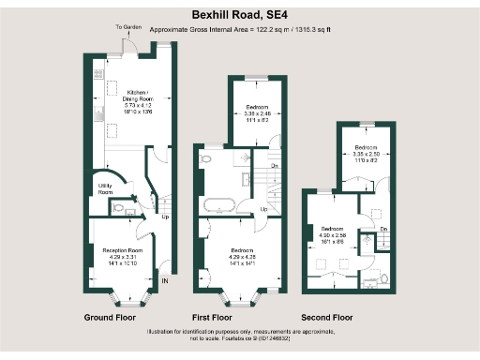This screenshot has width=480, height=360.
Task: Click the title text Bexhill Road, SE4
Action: pos(239,15)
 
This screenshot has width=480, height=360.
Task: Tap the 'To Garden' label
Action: pos(126,28)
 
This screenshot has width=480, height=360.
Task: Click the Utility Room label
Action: pos(105,189)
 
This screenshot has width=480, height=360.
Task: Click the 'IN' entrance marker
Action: pos(165,280)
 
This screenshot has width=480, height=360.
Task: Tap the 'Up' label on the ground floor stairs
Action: pos(166,217)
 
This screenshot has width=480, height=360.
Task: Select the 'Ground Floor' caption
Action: pos(112,317)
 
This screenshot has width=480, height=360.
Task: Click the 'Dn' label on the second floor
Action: pos(384,230)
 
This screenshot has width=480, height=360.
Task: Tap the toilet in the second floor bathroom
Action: pos(384,278)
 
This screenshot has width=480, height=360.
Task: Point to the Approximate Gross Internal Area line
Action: pos(239,30)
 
